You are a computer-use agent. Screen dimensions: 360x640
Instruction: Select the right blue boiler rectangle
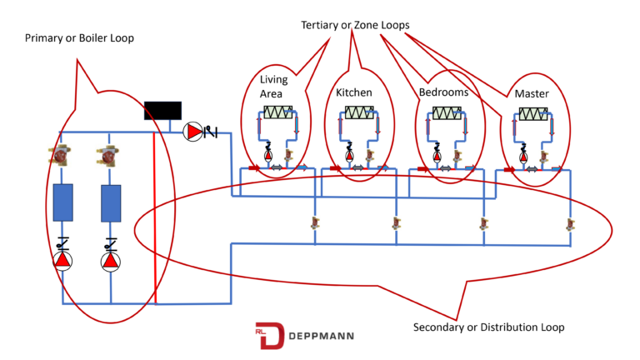[x=112, y=202]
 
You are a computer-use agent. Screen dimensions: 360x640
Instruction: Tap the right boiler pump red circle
[x=111, y=261]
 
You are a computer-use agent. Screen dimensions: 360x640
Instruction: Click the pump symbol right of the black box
[x=193, y=132]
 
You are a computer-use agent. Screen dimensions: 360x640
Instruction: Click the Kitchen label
[x=353, y=92]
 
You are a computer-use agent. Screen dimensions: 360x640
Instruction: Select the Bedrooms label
[x=443, y=92]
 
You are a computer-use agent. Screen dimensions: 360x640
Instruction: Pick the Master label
[x=532, y=93]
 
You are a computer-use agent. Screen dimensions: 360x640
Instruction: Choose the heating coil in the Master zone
[x=532, y=114]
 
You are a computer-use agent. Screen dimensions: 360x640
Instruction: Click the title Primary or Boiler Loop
[x=79, y=38]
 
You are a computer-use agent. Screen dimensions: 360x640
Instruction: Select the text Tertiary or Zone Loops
[x=355, y=25]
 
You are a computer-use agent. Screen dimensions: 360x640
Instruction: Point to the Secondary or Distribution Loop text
[x=488, y=327]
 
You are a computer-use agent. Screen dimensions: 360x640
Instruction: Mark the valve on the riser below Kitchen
[x=397, y=223]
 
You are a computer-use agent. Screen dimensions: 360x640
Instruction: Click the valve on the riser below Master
[x=570, y=223]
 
